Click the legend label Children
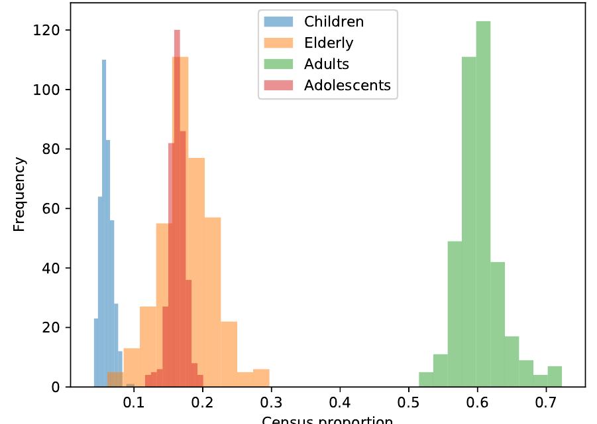333,21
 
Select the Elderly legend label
329,42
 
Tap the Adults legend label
326,64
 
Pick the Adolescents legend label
347,85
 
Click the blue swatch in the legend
278,21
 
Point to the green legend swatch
278,64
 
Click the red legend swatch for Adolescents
278,85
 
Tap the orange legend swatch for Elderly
278,42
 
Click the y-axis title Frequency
19,194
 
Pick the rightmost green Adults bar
555,377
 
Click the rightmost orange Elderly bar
261,378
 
